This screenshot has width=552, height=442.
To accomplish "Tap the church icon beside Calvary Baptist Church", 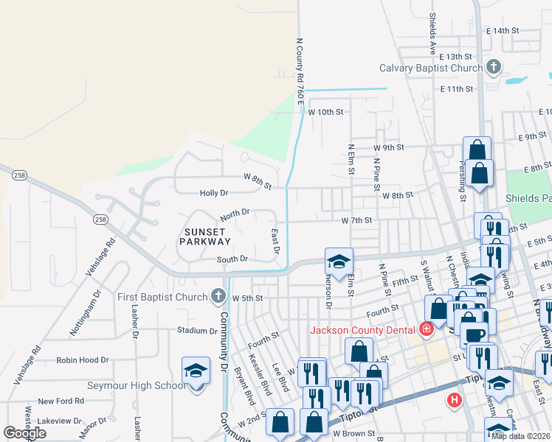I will click(494, 68).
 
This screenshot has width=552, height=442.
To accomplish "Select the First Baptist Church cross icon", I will click(218, 296).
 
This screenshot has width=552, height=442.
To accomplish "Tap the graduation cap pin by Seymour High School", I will click(196, 371).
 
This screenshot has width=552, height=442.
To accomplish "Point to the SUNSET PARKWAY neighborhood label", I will click(207, 236).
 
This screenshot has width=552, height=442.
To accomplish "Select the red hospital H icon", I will click(454, 400).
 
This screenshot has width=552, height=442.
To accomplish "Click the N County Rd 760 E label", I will click(300, 71).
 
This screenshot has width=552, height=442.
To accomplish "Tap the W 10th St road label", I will click(326, 112).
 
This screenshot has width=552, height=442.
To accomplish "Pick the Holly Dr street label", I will click(214, 193).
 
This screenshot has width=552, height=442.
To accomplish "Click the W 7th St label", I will click(356, 220).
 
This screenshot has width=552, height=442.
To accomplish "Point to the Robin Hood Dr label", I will click(83, 360).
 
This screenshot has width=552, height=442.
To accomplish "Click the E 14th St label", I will click(503, 31).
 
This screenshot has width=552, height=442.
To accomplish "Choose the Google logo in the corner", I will click(24, 433).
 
